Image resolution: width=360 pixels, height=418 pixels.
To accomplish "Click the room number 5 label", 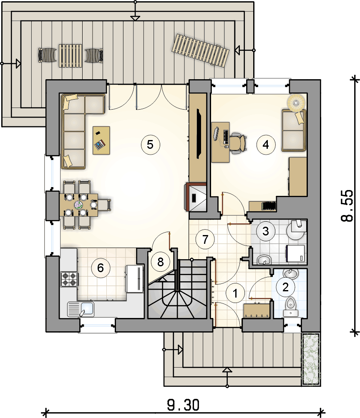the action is pos(150,145).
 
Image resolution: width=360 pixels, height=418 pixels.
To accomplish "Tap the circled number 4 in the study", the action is pos(266,145).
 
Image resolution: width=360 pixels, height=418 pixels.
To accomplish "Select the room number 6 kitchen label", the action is pos(101,268).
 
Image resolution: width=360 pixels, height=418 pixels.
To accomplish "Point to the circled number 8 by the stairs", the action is pos(160,262).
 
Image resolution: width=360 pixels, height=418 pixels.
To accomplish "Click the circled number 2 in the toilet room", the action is pos(286,287).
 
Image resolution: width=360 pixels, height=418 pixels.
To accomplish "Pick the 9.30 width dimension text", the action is pos(183,405).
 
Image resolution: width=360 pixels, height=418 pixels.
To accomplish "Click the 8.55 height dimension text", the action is pos(347,206).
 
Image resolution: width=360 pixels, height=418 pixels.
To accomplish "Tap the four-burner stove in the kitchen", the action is pos(69,279).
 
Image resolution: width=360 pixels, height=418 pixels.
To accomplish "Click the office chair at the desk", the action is pos(237,143).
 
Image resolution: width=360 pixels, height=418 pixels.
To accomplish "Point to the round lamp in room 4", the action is pos(296,103).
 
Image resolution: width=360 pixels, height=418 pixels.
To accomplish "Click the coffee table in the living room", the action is pos(101,140).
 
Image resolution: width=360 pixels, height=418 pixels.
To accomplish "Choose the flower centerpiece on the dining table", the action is pos(78,205).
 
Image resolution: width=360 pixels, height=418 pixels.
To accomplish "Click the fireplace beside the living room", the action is pos(195,197).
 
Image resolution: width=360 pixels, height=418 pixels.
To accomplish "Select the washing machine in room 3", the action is pos(296,253).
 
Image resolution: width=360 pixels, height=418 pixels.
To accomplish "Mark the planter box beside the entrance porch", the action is pos(311,358).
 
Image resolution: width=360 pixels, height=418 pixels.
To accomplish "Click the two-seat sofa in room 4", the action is pos(294,130).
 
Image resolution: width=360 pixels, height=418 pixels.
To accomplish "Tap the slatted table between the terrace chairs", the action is pos(70,55).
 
